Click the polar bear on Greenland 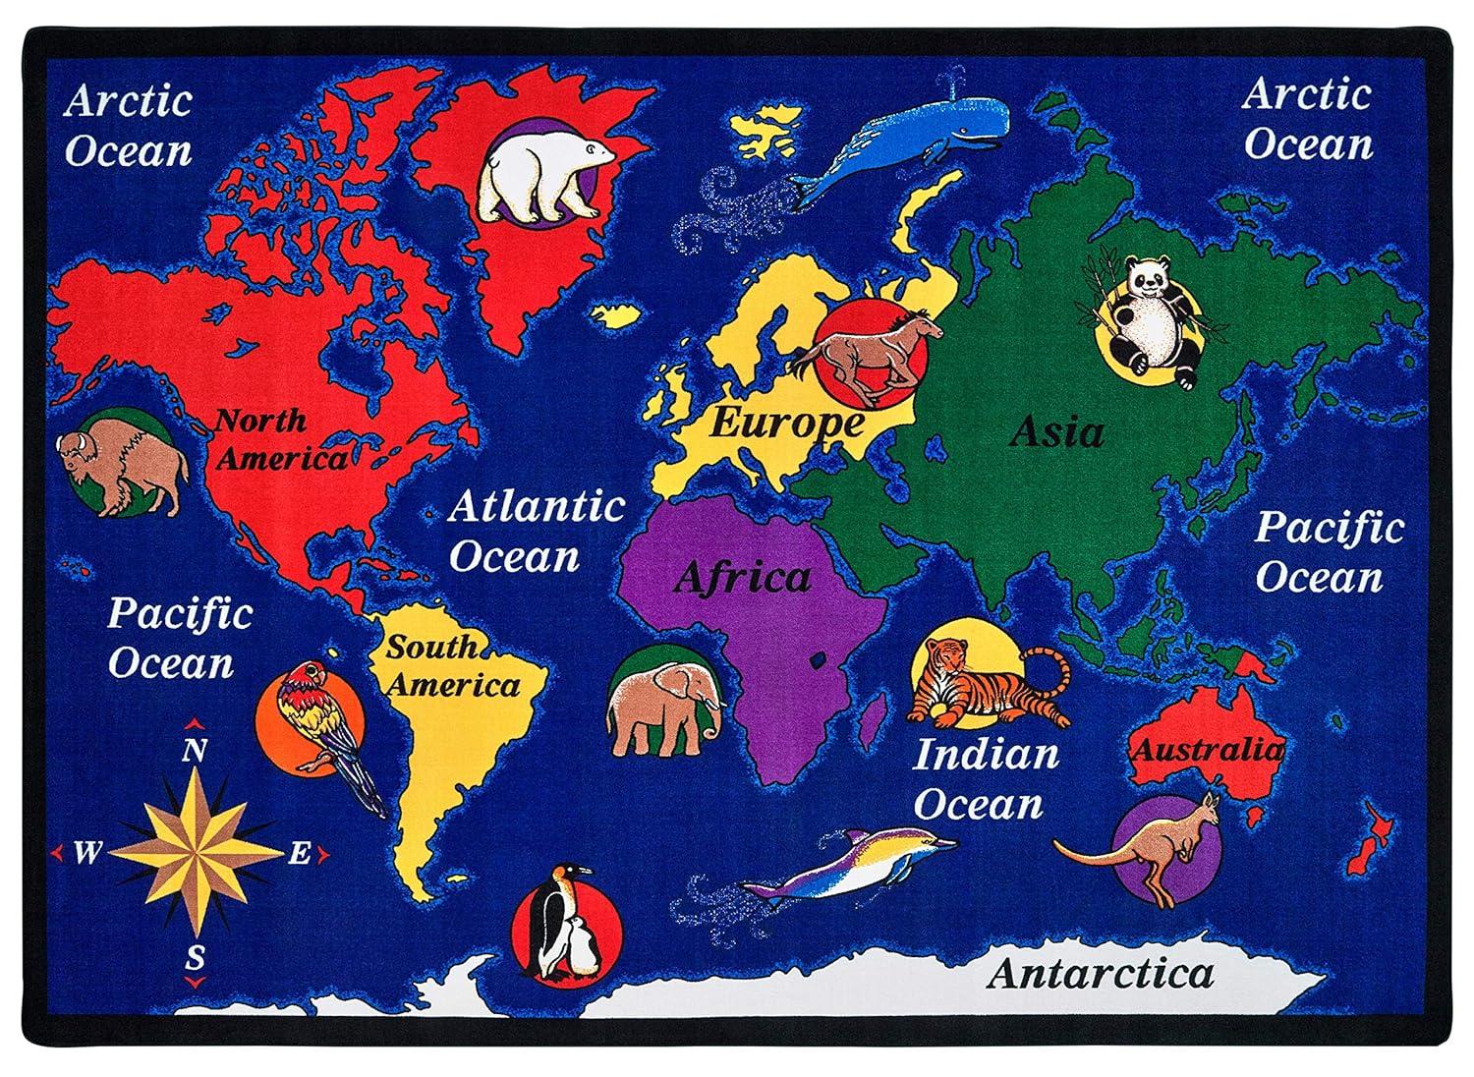539,177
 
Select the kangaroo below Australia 1150,845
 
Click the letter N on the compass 195,752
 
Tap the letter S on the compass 196,955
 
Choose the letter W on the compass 86,853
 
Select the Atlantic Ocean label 536,532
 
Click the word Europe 786,423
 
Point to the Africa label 742,578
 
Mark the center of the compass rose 196,852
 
